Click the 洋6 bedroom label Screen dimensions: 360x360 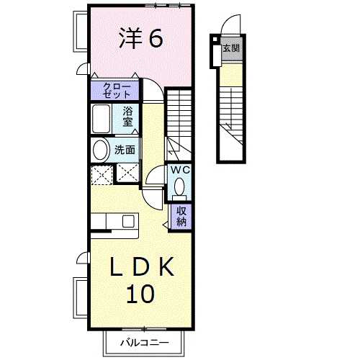click(x=141, y=38)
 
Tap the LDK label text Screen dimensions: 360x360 click(x=142, y=266)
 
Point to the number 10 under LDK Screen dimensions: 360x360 click(x=140, y=294)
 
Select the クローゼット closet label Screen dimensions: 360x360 click(x=117, y=90)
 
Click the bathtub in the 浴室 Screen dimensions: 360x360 click(x=102, y=119)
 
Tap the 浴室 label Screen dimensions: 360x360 click(x=127, y=117)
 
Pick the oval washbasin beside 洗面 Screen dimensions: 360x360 click(x=100, y=150)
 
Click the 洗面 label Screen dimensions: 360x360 click(x=125, y=150)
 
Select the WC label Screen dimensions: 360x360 click(x=180, y=170)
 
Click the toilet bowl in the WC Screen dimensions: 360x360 click(x=179, y=187)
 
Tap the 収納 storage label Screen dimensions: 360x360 click(x=181, y=217)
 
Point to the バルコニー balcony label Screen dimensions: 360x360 click(x=145, y=343)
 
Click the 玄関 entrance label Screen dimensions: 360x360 click(x=231, y=48)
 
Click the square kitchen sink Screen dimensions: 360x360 click(x=128, y=221)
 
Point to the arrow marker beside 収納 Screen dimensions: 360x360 click(x=166, y=225)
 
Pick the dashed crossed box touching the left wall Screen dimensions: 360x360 click(x=102, y=174)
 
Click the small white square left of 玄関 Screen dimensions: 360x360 click(x=215, y=39)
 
